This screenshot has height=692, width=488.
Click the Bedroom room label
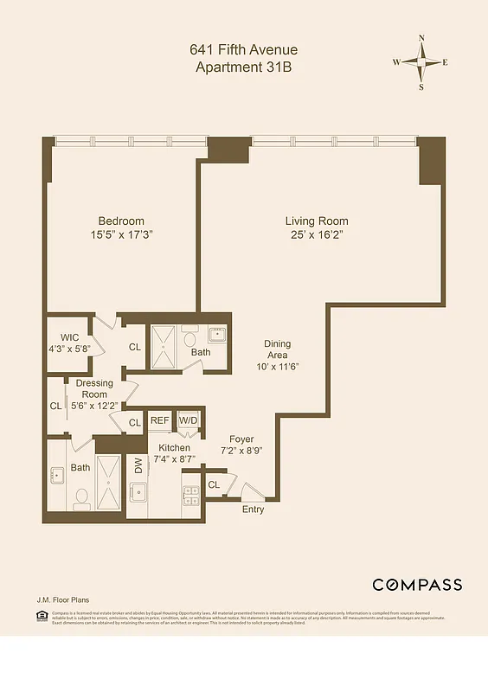point(121,221)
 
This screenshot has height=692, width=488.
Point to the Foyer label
point(241,439)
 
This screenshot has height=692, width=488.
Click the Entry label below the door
point(254,509)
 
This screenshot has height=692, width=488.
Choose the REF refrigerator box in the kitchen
point(160,420)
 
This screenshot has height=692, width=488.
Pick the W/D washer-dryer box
point(188,420)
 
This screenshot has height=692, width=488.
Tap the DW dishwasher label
point(137,467)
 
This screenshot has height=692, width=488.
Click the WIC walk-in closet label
point(70,337)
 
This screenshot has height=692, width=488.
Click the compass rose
point(421,62)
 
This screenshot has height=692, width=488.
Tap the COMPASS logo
point(417,585)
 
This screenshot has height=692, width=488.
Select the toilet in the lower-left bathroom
point(82,497)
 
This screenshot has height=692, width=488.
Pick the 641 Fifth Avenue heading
point(243,50)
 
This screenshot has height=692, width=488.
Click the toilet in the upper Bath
point(189,339)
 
